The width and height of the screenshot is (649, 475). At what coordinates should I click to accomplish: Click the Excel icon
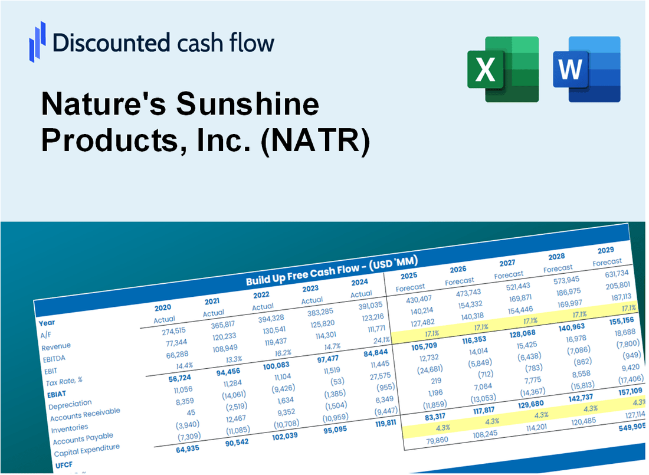[x=503, y=69]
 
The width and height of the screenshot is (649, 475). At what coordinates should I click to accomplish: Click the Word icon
[x=586, y=69]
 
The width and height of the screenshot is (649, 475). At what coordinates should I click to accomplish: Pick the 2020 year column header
[x=163, y=307]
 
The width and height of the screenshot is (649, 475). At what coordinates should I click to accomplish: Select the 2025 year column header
[x=408, y=276]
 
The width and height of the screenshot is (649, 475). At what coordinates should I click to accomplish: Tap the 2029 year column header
[x=605, y=250]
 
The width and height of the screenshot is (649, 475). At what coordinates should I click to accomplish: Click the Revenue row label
[x=56, y=346]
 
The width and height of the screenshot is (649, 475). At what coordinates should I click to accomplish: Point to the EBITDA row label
[x=54, y=358]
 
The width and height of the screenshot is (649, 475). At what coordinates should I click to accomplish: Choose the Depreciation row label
[x=70, y=404]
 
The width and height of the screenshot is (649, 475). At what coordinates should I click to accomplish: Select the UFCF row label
[x=63, y=464]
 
